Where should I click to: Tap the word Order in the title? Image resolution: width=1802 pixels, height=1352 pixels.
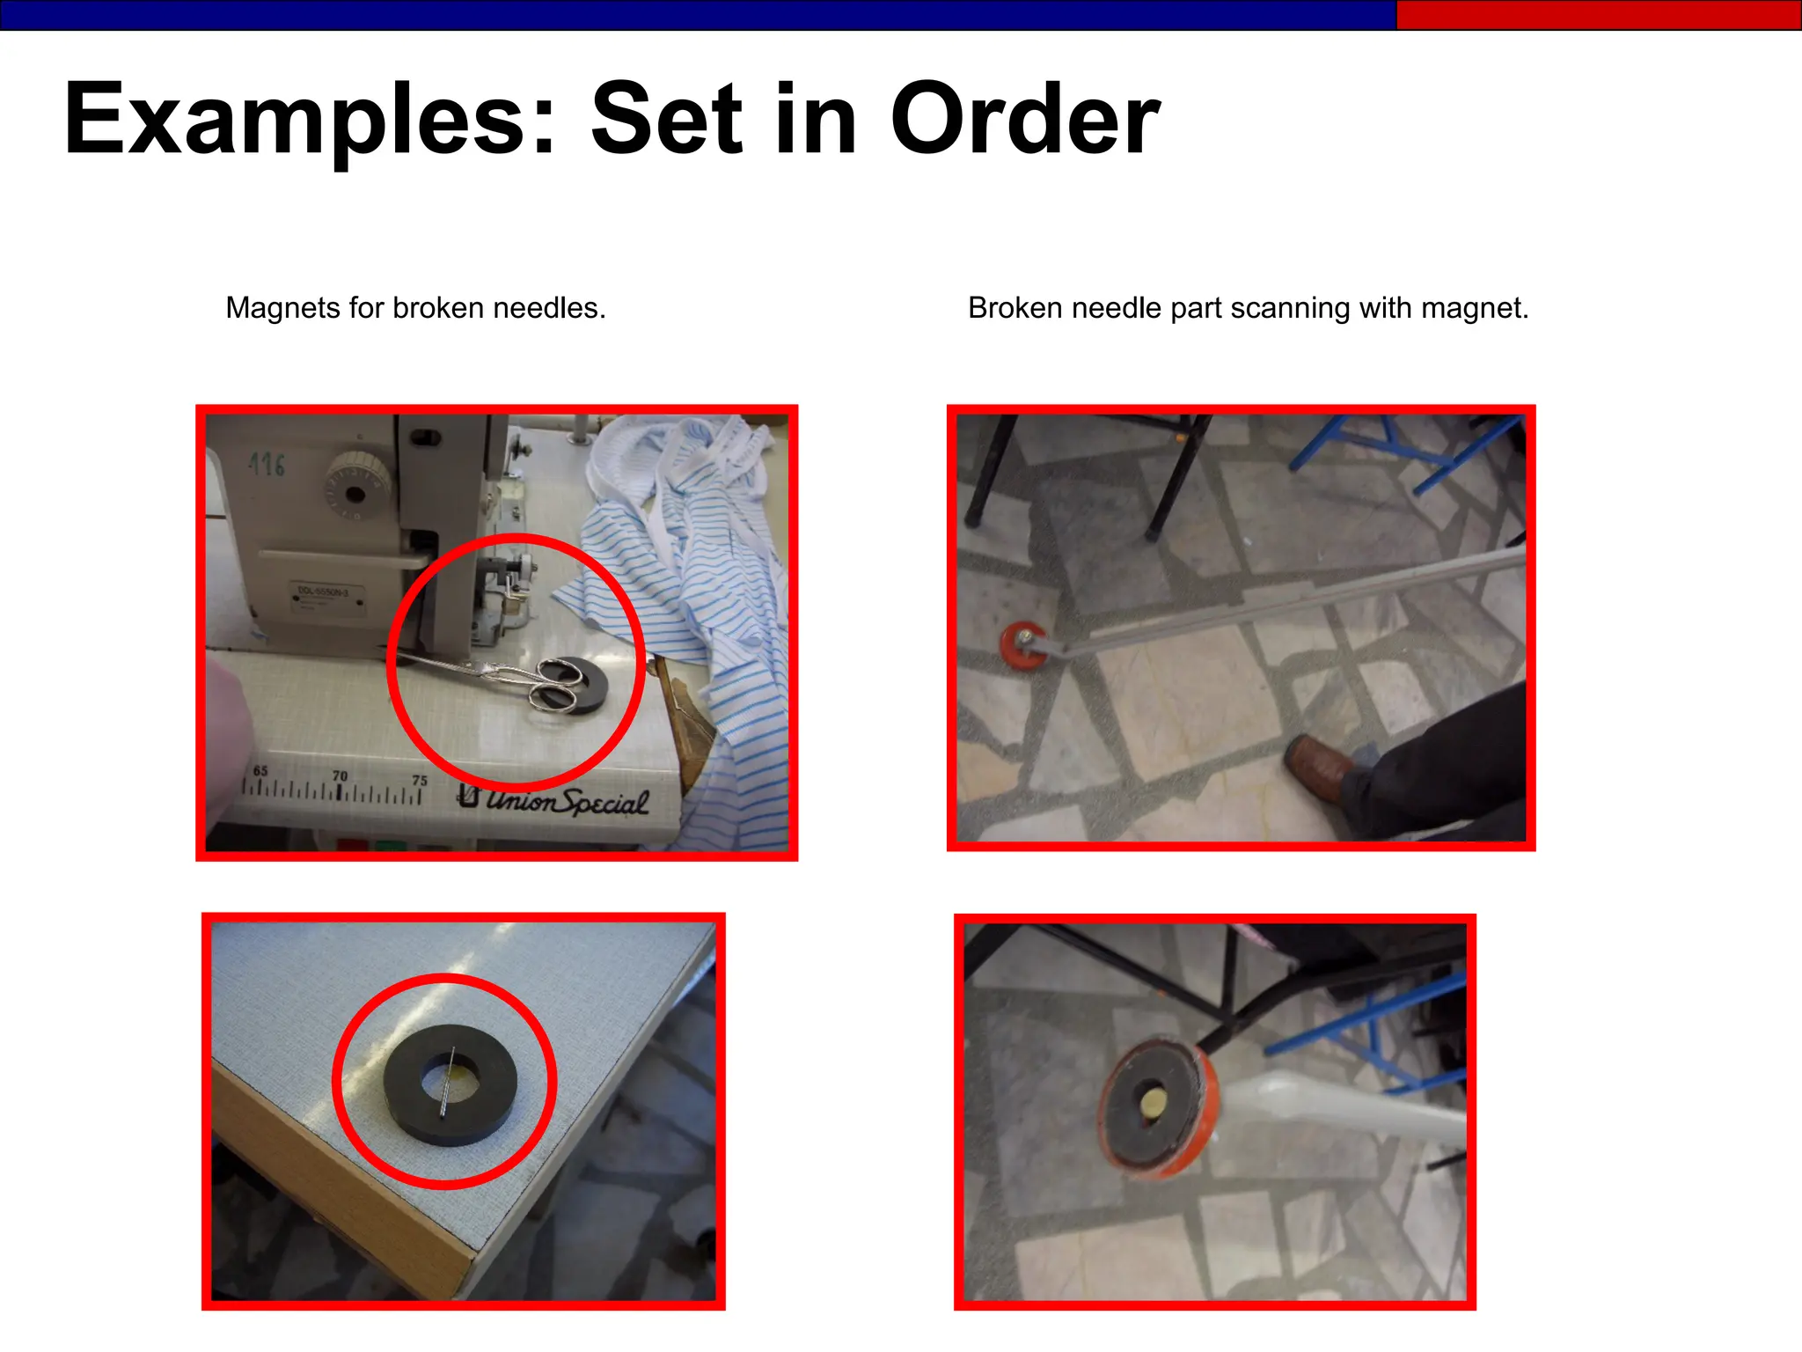pos(1025,120)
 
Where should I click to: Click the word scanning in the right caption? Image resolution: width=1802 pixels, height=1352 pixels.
pos(1289,308)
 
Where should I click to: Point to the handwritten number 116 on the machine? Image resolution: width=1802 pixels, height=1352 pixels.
pos(267,464)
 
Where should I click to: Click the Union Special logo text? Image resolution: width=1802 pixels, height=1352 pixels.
pos(554,799)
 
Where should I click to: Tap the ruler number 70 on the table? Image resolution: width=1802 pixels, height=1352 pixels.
pos(340,775)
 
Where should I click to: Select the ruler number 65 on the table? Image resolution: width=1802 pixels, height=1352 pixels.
pos(260,770)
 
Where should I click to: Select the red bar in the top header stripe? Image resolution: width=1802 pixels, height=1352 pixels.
pos(1597,15)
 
